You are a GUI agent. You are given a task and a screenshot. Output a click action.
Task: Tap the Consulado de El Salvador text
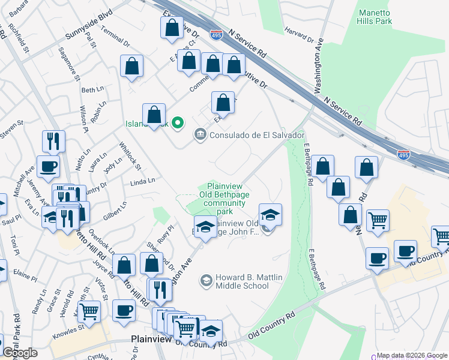(x=257, y=135)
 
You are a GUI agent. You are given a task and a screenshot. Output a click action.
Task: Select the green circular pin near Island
(x=177, y=124)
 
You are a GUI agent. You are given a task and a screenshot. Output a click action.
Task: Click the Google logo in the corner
(x=20, y=353)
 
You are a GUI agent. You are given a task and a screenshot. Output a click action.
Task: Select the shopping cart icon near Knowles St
(x=89, y=311)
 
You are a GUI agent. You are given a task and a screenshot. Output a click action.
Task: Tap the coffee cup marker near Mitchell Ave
(x=48, y=166)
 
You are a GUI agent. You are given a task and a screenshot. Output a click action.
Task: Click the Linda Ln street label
(x=142, y=180)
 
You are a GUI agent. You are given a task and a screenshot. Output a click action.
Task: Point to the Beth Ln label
(x=92, y=90)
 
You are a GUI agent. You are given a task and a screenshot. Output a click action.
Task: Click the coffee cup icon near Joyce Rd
(x=124, y=311)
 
